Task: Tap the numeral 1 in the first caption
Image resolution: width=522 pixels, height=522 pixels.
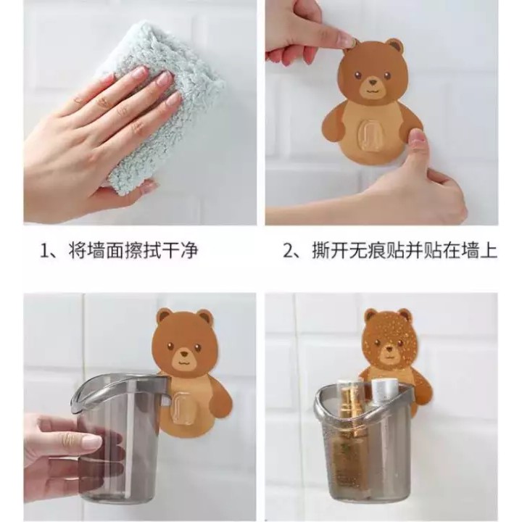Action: [43, 250]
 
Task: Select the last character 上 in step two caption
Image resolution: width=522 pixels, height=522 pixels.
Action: [488, 250]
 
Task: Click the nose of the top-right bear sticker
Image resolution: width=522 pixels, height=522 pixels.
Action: [373, 81]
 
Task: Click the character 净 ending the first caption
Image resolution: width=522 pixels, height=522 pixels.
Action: [188, 250]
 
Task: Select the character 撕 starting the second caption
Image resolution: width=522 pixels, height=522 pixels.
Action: [320, 250]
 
